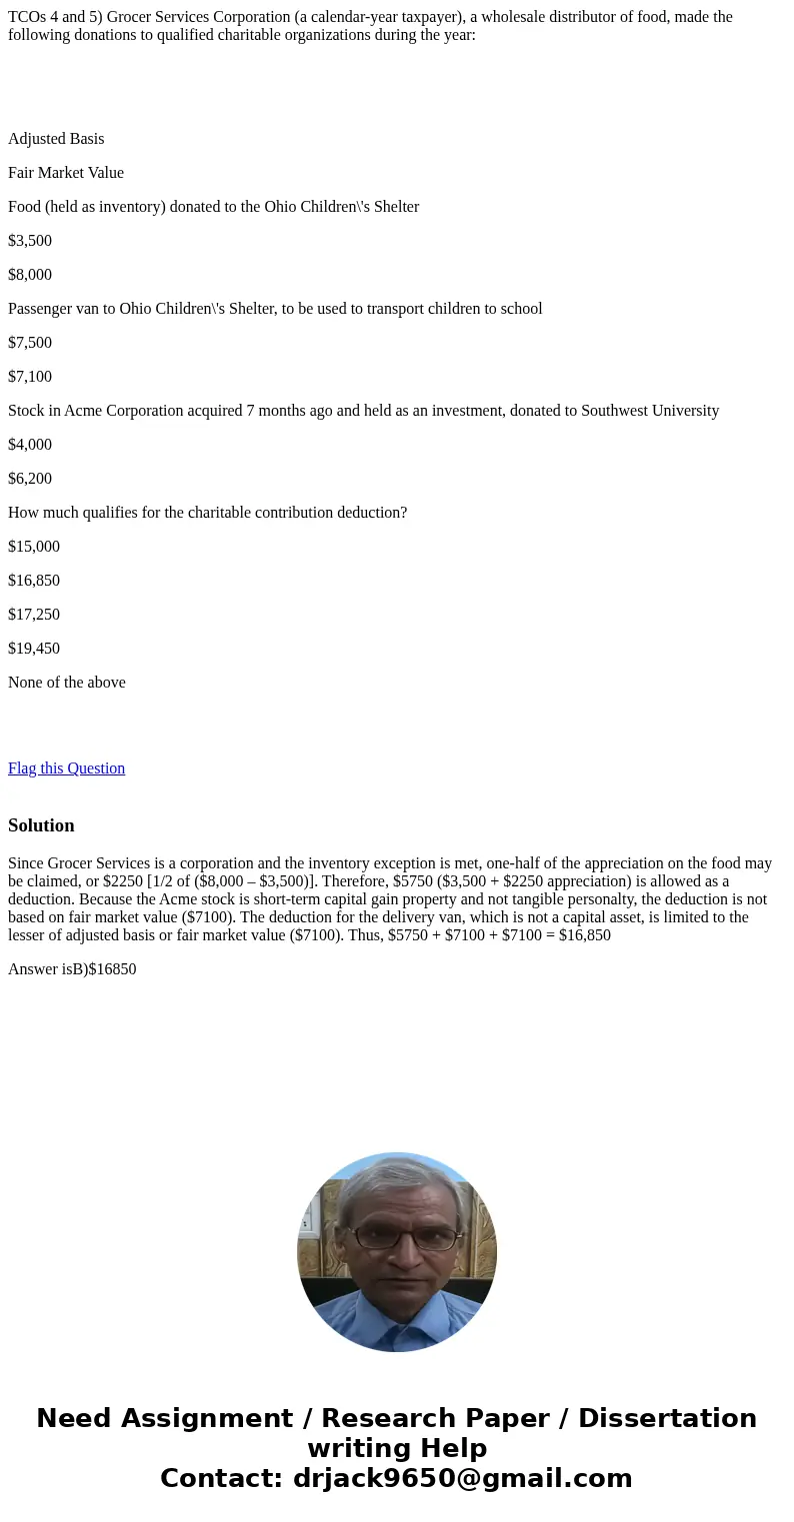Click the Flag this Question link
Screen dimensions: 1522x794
(x=66, y=768)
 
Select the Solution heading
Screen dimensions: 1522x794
(x=41, y=825)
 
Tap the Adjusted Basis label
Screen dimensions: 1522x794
(x=56, y=139)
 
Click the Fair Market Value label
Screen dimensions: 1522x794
(x=66, y=173)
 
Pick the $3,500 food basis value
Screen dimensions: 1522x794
(x=30, y=241)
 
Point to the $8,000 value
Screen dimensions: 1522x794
(x=30, y=275)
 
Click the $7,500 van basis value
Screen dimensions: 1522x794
(x=30, y=343)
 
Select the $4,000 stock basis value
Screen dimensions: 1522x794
(x=30, y=445)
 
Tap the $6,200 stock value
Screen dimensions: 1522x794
(x=30, y=479)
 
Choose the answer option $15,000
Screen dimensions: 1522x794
(x=34, y=547)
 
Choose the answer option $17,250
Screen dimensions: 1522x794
(x=34, y=615)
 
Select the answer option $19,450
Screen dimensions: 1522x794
(x=34, y=649)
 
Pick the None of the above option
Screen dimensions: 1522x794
(x=67, y=683)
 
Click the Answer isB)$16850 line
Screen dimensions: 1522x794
(x=72, y=969)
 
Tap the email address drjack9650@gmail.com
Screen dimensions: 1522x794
(x=462, y=1478)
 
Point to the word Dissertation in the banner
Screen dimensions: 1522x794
(x=667, y=1419)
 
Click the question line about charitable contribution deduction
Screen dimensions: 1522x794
(x=207, y=513)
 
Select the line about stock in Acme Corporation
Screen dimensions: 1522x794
(x=363, y=411)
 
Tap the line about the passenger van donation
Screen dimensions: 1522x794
(x=275, y=309)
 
